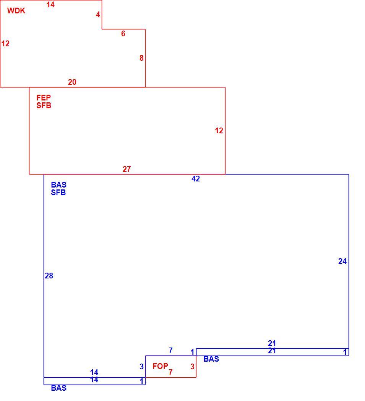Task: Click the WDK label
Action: point(16,11)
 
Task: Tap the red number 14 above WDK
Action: point(50,5)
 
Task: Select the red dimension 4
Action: point(98,15)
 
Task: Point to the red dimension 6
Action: point(123,34)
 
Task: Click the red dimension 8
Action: point(141,58)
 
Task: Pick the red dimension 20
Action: point(72,82)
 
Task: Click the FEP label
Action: point(44,97)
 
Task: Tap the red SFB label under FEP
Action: point(44,105)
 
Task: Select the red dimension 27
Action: point(127,169)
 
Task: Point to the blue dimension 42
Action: point(196,179)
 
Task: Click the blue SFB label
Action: point(58,192)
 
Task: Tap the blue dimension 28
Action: point(49,276)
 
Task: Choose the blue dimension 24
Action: point(342,261)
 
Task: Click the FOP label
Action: point(160,366)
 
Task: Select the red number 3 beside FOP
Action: point(193,367)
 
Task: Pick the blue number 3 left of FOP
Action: point(141,367)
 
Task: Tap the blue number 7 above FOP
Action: point(171,350)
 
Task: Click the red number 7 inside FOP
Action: point(170,372)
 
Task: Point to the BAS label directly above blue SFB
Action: point(58,184)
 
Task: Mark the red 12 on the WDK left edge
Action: point(5,44)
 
